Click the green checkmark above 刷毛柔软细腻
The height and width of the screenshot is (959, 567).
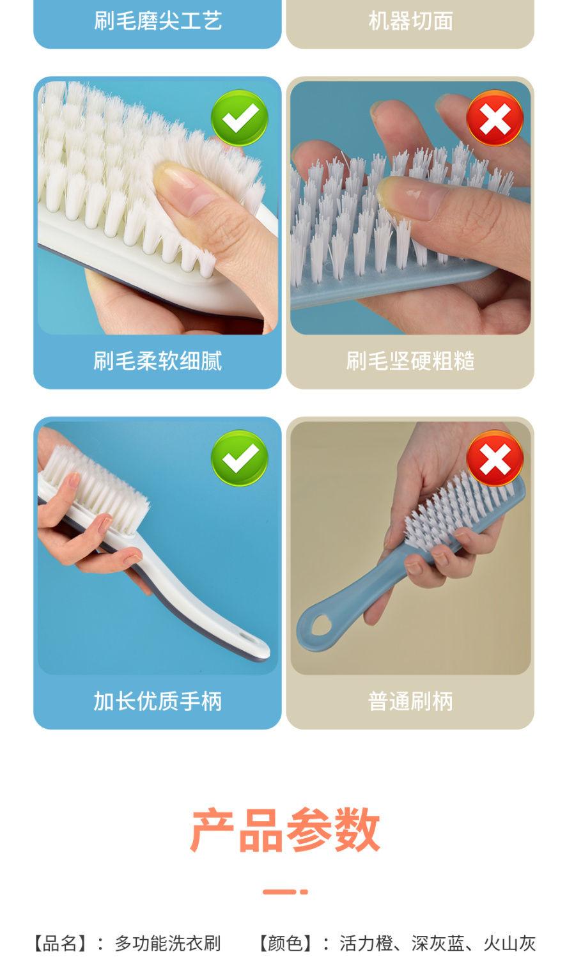(x=239, y=118)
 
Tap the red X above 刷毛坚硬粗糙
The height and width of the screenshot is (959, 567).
(x=495, y=118)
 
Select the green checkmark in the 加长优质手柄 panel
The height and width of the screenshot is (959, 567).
(x=239, y=458)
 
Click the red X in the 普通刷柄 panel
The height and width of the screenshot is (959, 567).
(x=495, y=458)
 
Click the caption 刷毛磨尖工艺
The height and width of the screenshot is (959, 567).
(x=158, y=21)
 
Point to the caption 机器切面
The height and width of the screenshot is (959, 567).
(x=410, y=21)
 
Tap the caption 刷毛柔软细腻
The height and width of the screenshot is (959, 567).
(x=158, y=361)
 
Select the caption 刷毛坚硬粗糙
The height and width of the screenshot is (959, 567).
(x=410, y=361)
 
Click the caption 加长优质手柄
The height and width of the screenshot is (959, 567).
(x=158, y=701)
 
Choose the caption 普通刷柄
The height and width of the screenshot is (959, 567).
(x=410, y=701)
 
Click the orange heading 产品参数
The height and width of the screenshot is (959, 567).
(x=285, y=830)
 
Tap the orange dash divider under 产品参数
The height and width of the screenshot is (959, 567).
(x=285, y=892)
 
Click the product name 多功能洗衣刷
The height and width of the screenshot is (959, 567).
(x=167, y=944)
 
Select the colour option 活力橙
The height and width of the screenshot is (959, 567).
(x=366, y=944)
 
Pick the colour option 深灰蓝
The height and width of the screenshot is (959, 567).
(x=438, y=944)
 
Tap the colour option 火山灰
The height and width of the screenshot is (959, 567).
(x=509, y=944)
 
